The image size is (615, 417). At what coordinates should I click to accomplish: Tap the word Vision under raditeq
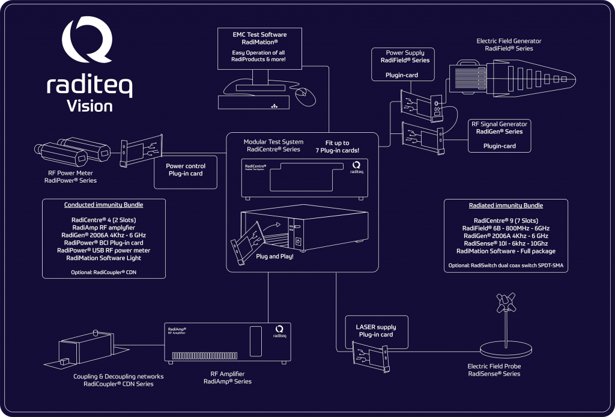tap(89, 106)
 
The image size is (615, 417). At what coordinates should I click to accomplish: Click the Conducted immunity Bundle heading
tap(104, 205)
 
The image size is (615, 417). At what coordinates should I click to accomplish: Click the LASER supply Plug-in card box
tap(376, 330)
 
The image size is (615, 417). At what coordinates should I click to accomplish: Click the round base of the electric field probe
tap(506, 349)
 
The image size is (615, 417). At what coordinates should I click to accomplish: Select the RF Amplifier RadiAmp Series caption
tap(227, 377)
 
